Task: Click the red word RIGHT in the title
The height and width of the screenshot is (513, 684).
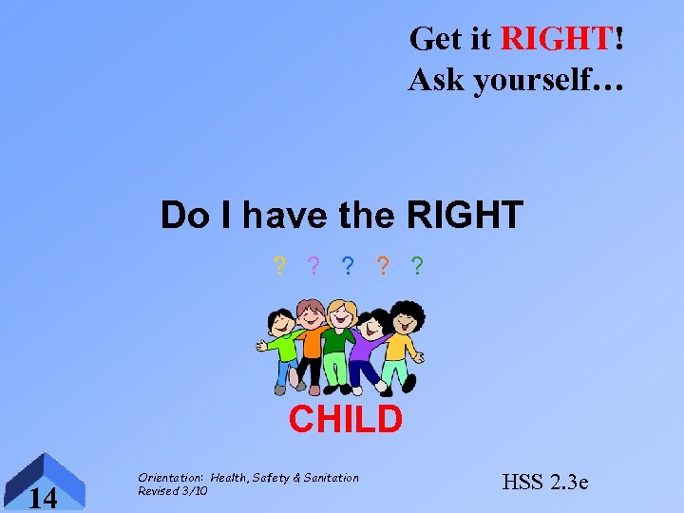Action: click(x=556, y=39)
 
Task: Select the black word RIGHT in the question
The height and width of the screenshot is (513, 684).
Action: click(x=465, y=215)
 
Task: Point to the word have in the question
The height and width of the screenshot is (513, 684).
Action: click(x=287, y=215)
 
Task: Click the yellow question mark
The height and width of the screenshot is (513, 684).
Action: click(x=278, y=267)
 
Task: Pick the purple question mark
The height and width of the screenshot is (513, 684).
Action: click(x=313, y=267)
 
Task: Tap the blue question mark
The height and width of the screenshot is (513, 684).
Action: click(x=349, y=267)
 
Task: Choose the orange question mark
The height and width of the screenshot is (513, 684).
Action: click(x=383, y=267)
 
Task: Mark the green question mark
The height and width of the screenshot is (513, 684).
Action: click(x=418, y=267)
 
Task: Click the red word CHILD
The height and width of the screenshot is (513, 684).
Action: click(x=345, y=419)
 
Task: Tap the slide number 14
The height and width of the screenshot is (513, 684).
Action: click(x=43, y=496)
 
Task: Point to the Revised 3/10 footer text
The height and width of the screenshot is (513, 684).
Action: click(x=172, y=491)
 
